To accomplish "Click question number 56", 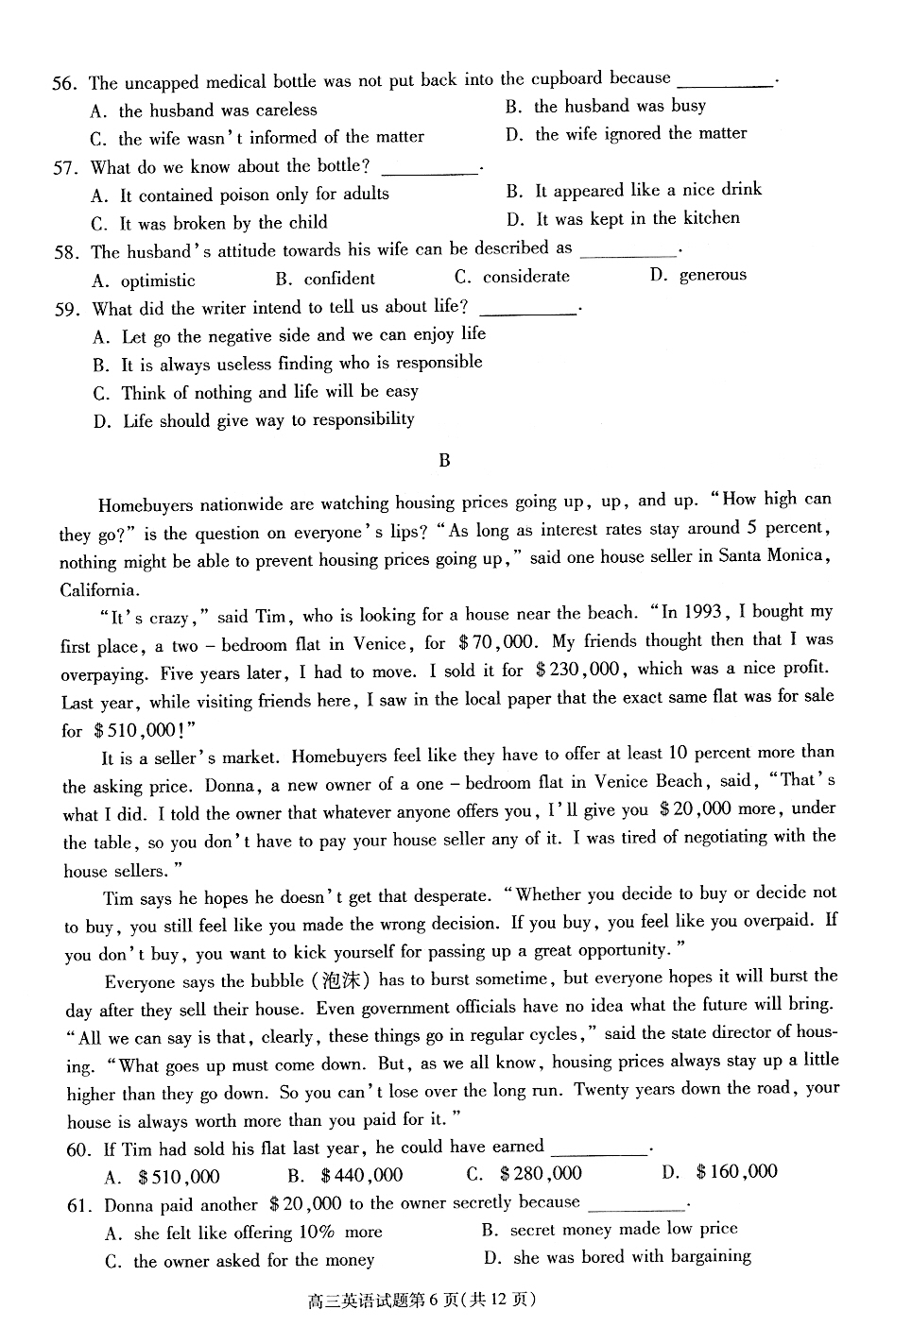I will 63,84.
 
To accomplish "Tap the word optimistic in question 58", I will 158,281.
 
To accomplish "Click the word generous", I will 713,275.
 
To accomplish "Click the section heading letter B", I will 444,461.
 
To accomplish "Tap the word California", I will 99,590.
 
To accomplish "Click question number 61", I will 77,1206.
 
